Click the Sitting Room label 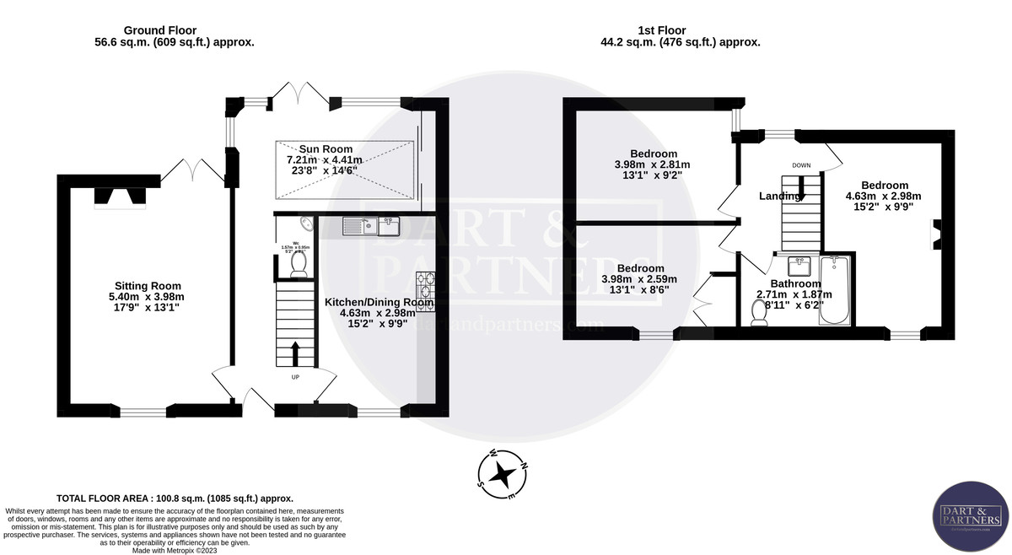pos(148,286)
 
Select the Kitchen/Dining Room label pos(379,302)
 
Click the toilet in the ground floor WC pos(298,264)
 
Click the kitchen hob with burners pos(424,288)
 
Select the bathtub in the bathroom pos(837,292)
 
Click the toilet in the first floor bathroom pos(759,312)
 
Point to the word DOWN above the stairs pos(801,165)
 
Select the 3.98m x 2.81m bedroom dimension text pos(652,164)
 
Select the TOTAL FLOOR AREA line pos(175,498)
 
